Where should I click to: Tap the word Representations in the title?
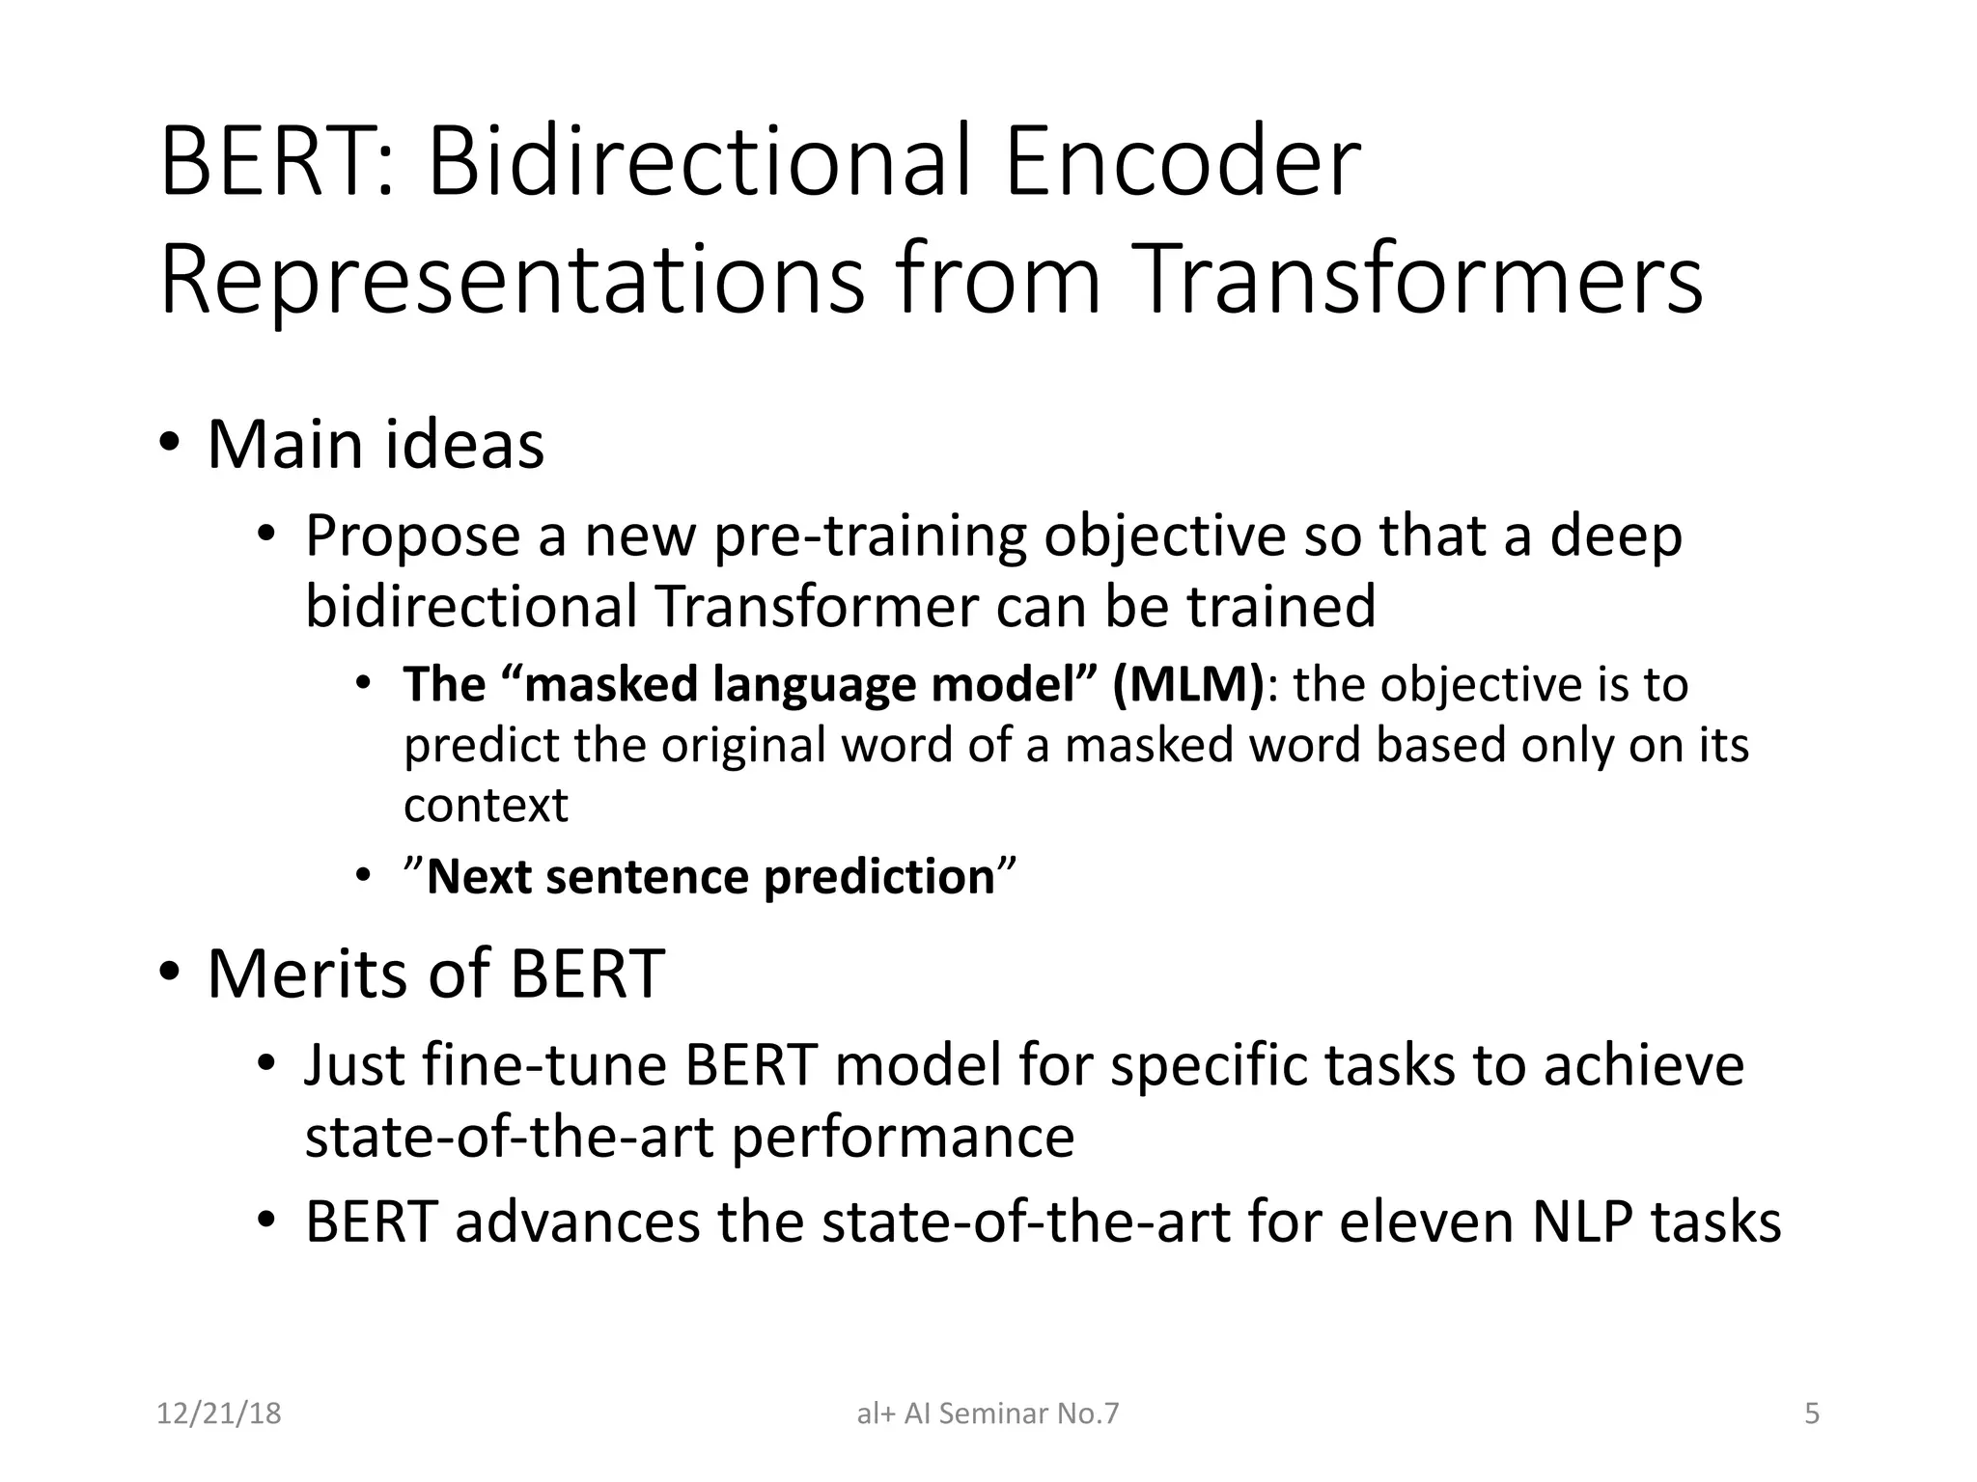coord(512,280)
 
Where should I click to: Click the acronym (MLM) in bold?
coord(1187,685)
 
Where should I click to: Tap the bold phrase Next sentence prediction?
coord(710,877)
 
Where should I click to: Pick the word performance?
coord(902,1137)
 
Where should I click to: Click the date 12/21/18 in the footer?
coord(219,1413)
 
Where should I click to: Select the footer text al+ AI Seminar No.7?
coord(988,1413)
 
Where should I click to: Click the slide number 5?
coord(1812,1413)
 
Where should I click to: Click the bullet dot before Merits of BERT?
coord(170,973)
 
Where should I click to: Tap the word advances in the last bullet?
coord(576,1221)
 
